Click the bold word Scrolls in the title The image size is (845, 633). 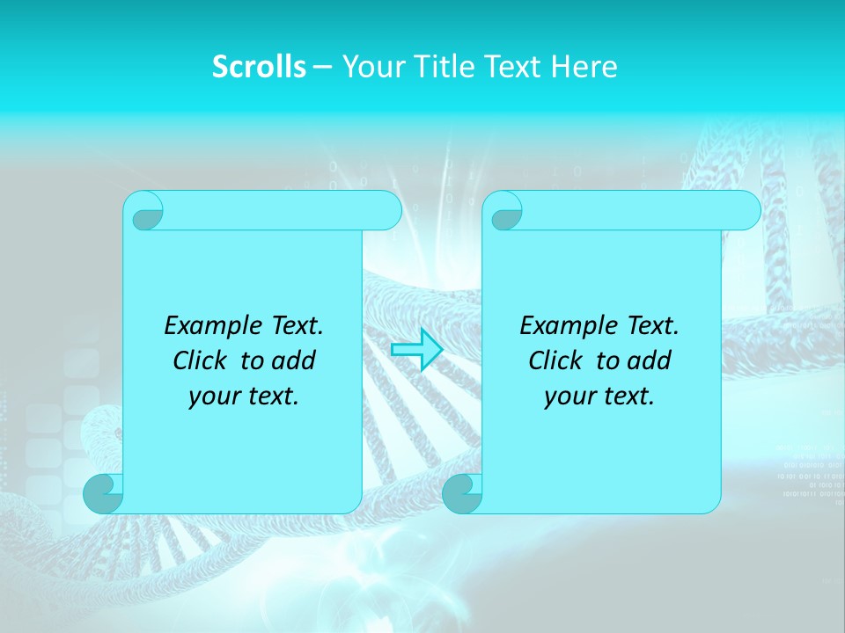click(259, 67)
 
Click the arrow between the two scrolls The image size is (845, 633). click(416, 350)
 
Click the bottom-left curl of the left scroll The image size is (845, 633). click(103, 493)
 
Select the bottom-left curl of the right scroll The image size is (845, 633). click(462, 493)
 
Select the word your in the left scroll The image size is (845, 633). click(214, 397)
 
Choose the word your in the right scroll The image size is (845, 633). click(569, 397)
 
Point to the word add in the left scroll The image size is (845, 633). click(293, 360)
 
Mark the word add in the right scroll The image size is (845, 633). click(649, 360)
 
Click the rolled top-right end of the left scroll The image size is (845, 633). click(384, 211)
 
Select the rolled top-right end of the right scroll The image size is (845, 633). click(743, 211)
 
